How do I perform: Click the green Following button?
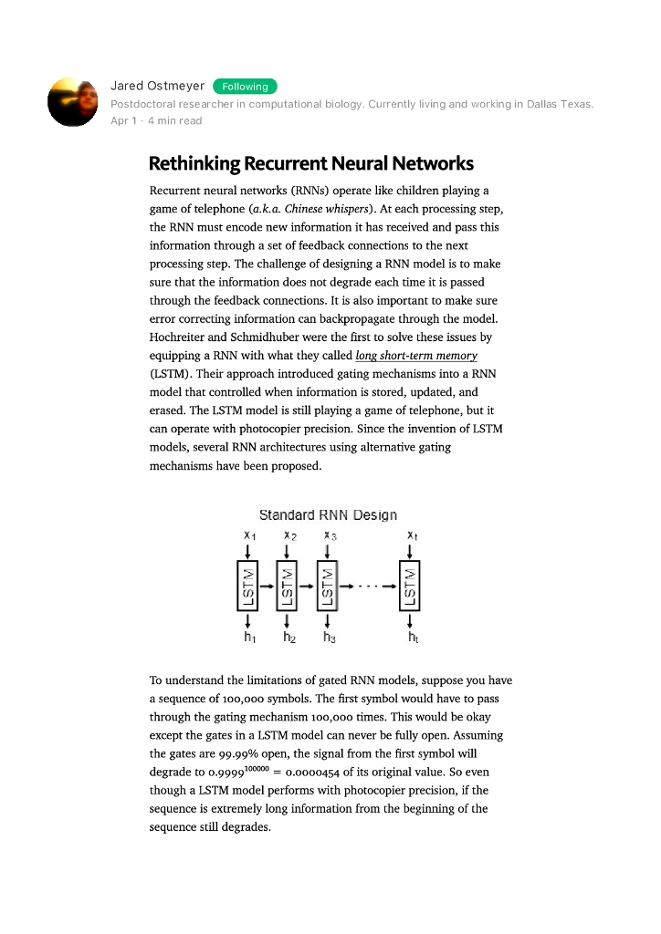point(245,87)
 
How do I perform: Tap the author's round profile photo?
point(72,101)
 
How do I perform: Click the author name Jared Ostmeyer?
point(157,86)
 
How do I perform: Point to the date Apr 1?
point(123,121)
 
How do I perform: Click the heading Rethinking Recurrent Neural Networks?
point(310,164)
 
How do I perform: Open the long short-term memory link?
point(416,356)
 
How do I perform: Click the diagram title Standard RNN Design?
point(328,515)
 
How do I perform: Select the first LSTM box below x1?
point(247,586)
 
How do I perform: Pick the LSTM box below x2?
point(287,586)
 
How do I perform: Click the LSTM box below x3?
point(327,586)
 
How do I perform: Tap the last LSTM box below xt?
point(409,586)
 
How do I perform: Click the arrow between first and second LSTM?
point(267,586)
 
